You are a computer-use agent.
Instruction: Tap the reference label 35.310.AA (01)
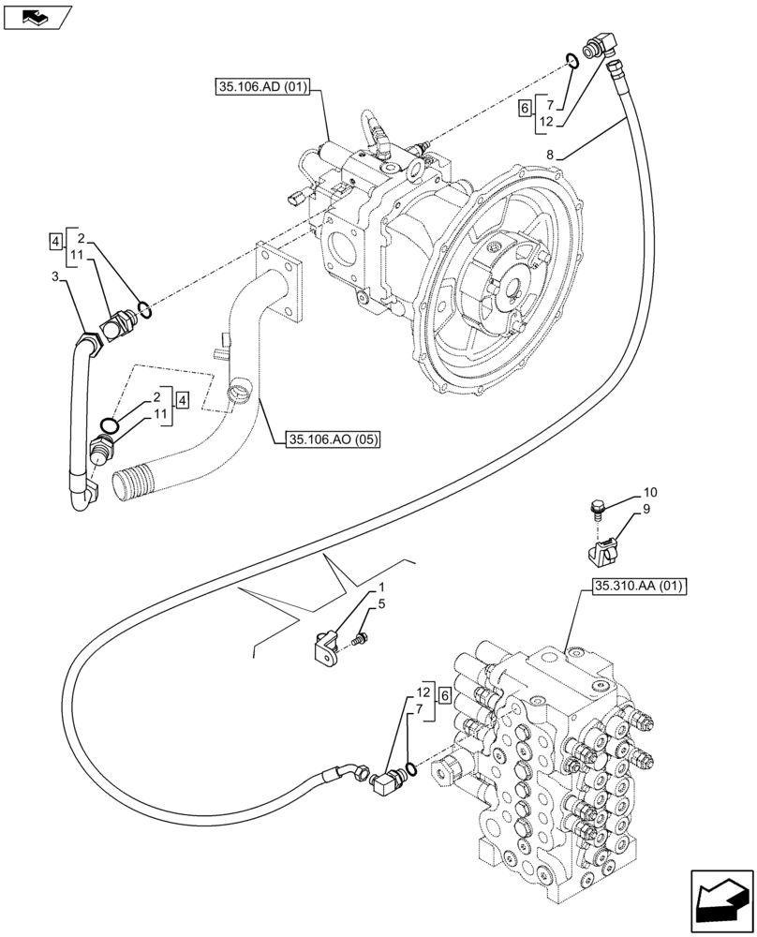click(x=639, y=587)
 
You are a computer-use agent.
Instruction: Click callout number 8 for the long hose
click(x=550, y=155)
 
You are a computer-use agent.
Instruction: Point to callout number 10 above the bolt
click(x=650, y=492)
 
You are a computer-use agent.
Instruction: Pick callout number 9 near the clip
click(x=646, y=510)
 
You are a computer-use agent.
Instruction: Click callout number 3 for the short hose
click(x=55, y=276)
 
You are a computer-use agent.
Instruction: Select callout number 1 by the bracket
click(x=382, y=587)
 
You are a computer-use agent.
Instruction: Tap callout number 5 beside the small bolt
click(x=382, y=605)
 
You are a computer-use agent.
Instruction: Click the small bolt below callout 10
click(x=595, y=509)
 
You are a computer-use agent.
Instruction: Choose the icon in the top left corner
click(x=37, y=16)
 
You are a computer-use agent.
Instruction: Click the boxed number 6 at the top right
click(x=526, y=109)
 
